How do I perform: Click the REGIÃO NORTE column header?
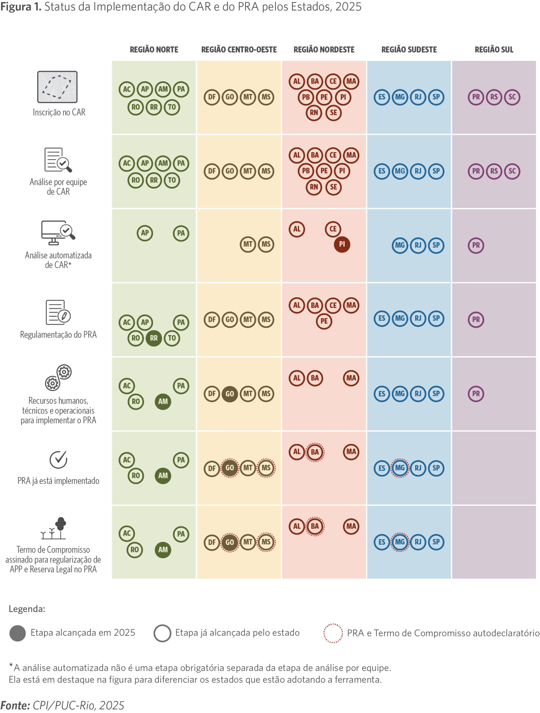tap(154, 50)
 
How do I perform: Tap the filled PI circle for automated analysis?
tap(342, 244)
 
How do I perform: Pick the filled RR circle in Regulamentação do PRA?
tap(154, 338)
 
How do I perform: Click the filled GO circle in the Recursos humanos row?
tap(230, 394)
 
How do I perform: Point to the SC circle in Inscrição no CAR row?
tap(512, 97)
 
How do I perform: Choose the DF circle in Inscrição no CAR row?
tap(211, 97)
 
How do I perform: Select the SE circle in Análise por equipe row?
tap(333, 187)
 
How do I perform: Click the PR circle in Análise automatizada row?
tap(476, 245)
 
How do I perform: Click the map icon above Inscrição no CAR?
tap(57, 87)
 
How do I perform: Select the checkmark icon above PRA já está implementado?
tap(58, 459)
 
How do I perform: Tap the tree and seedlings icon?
tap(53, 528)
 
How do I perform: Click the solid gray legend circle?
tap(18, 633)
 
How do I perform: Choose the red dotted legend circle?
tap(333, 633)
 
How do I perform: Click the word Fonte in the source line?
tap(15, 705)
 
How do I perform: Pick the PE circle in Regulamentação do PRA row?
tap(324, 321)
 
